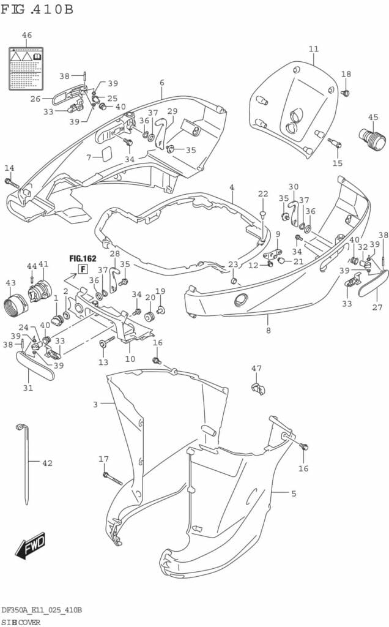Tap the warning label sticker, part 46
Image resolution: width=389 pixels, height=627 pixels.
pos(27,67)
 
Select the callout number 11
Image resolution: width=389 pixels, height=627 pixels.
pos(314,49)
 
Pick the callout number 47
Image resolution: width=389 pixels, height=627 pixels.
pos(256,368)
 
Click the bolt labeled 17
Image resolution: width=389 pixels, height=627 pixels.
pos(113,478)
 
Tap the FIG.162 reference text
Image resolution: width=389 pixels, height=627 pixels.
pos(83,258)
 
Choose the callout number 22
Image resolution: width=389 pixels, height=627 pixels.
pos(263,194)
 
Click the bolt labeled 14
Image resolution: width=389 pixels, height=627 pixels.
pos(12,182)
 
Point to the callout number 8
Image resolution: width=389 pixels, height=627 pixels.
pos(268,331)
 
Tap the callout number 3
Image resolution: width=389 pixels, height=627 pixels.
pos(95,405)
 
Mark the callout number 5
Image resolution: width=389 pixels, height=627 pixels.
pos(294,494)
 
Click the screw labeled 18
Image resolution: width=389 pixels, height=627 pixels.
pos(345,93)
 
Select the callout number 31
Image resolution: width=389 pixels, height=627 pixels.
pos(28,388)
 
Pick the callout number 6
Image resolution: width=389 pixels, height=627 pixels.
pos(162,83)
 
